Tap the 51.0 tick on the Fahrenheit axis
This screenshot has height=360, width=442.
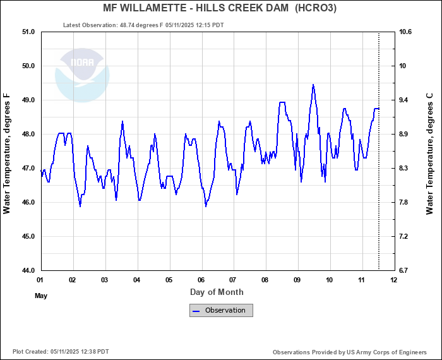tap(28, 32)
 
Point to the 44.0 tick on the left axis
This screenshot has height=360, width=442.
tap(28, 270)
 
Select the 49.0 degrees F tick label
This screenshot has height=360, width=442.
tap(28, 100)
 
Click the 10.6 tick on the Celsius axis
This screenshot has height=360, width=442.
tap(405, 32)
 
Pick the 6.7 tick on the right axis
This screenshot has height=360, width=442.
tap(404, 270)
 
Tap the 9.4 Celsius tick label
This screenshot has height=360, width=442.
tap(404, 100)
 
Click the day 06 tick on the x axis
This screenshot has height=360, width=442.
tap(201, 280)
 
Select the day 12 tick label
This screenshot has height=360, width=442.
tap(394, 280)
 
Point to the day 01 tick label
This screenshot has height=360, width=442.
tap(40, 280)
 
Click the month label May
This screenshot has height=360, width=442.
tap(41, 296)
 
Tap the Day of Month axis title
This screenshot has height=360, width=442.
tap(217, 292)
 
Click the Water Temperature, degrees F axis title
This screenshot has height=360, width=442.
tap(7, 153)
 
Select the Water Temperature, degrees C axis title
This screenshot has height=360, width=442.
tap(430, 153)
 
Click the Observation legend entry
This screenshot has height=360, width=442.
tap(221, 310)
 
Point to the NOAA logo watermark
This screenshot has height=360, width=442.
tap(82, 74)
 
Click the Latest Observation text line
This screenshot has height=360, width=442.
tap(143, 25)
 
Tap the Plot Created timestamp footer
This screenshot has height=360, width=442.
tap(61, 352)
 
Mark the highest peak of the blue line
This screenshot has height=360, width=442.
tap(313, 85)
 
